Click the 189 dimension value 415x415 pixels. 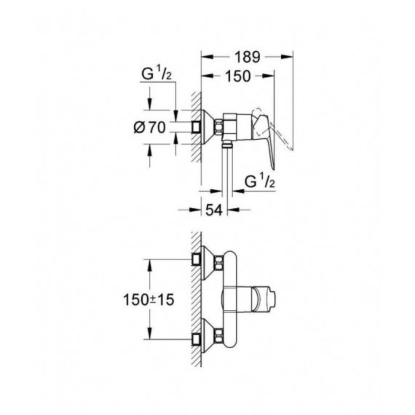247,58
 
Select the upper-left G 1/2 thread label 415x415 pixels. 159,75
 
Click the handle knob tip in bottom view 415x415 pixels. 274,294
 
